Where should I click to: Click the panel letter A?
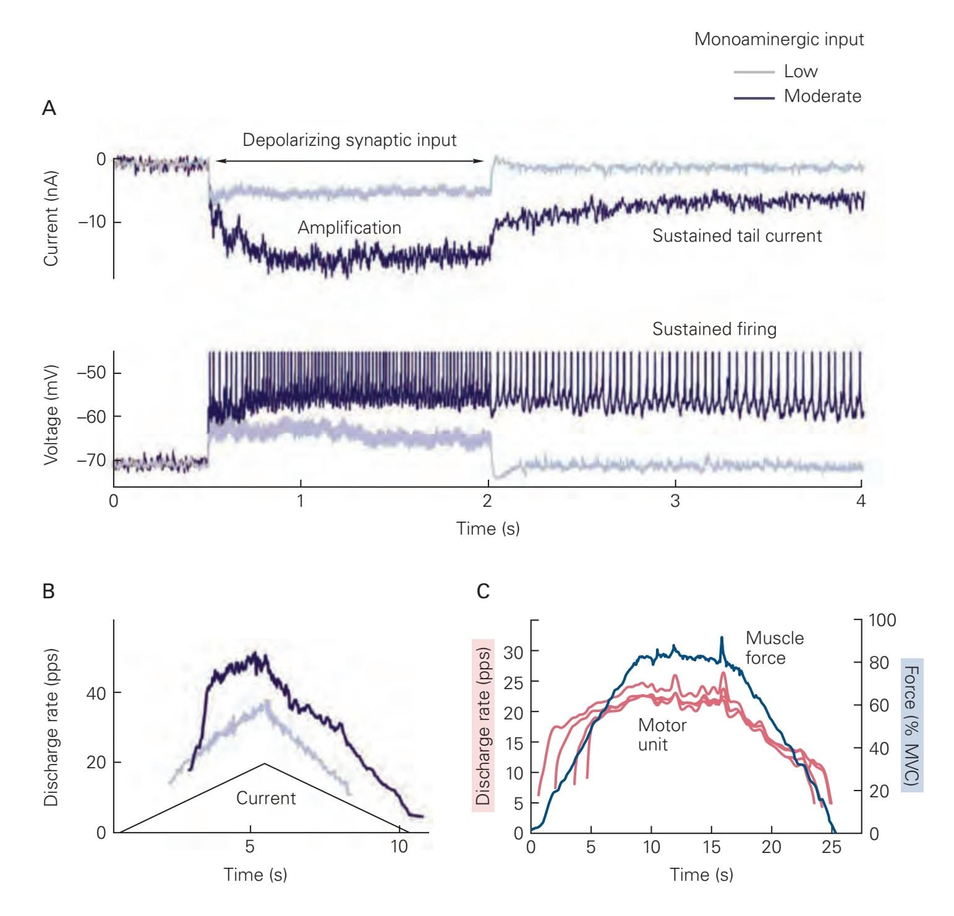coord(49,108)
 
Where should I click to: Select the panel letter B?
coord(49,592)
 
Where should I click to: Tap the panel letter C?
coord(483,592)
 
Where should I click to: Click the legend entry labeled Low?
coord(801,72)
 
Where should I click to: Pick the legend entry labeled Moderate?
coord(822,96)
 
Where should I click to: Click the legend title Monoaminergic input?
coord(778,39)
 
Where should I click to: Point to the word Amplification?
coord(349,227)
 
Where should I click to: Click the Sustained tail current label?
coord(737,235)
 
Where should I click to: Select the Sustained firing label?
coord(714,329)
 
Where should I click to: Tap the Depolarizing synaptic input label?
coord(349,140)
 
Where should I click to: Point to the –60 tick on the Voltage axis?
coord(92,417)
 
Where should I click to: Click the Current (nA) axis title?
coord(51,218)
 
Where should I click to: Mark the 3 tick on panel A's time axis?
coord(675,501)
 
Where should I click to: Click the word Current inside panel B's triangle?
coord(266,798)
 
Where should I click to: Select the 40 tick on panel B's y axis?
coord(96,693)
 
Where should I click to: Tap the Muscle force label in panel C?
coord(774,647)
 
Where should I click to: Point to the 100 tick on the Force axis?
coord(882,620)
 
